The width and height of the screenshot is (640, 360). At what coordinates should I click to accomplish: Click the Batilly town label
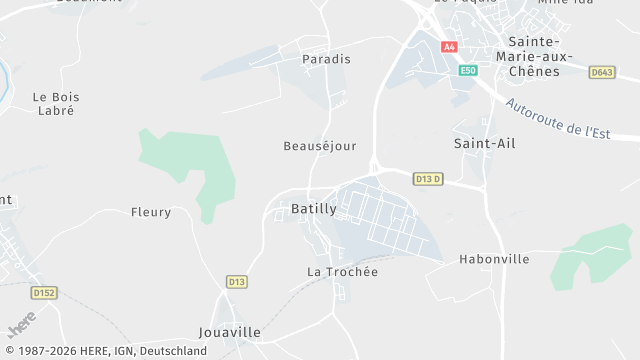click(313, 209)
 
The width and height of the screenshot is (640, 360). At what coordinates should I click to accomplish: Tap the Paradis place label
click(327, 59)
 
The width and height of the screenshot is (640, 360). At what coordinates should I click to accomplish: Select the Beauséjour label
click(320, 146)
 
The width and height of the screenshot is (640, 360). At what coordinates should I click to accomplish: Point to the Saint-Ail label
click(485, 144)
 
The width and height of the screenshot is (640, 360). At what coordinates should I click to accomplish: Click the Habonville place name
click(494, 259)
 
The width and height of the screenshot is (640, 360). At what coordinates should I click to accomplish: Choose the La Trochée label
click(342, 272)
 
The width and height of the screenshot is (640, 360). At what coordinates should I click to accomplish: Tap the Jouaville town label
click(230, 332)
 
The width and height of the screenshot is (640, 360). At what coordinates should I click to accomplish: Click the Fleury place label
click(151, 212)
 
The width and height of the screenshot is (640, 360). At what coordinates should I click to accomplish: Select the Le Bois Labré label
click(56, 104)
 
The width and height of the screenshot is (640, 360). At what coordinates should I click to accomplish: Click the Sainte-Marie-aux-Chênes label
click(540, 56)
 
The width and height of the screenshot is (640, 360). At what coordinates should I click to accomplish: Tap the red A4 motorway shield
click(449, 47)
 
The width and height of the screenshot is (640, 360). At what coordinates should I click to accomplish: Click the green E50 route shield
click(468, 71)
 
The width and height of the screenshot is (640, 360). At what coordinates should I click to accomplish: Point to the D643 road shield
click(602, 72)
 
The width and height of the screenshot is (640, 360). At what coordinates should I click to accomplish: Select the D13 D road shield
click(428, 179)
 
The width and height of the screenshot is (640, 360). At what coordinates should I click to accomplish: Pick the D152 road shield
click(43, 293)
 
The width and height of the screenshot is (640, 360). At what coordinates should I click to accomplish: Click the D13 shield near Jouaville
click(236, 282)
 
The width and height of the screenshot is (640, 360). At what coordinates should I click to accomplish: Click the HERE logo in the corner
click(21, 327)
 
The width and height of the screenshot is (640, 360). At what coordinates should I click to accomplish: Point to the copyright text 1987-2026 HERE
click(104, 351)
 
